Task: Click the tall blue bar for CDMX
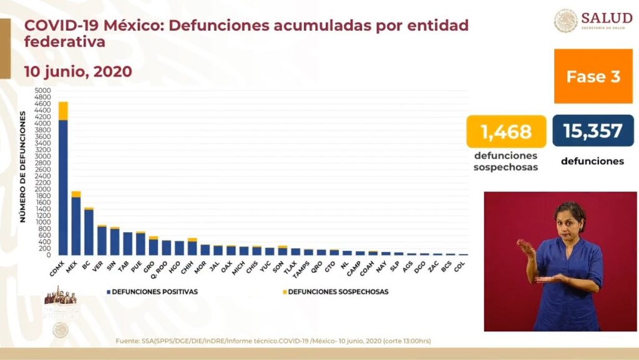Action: coord(62,187)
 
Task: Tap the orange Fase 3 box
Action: coord(593,76)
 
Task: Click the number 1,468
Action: coord(506,132)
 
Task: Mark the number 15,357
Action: coord(592,131)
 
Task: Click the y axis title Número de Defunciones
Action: coord(22,167)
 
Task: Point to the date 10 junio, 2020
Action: coord(78,72)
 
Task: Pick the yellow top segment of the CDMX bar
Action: coord(62,110)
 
